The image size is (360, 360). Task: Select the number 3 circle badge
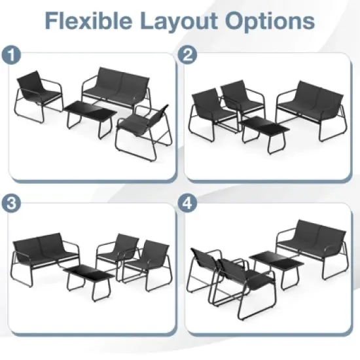(x=10, y=203)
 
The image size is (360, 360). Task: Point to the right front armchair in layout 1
(x=144, y=128)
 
